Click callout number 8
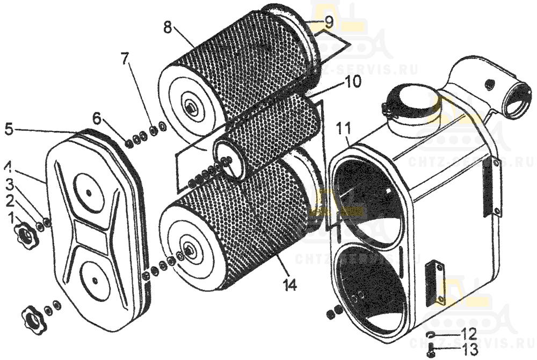coord(168,27)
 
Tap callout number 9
coord(329,23)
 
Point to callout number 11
coord(344,129)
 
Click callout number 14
coord(290,285)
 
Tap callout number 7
coord(125,58)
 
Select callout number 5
coord(9,129)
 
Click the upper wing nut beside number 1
coord(25,233)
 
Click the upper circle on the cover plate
coord(88,189)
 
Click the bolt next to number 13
coord(432,351)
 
